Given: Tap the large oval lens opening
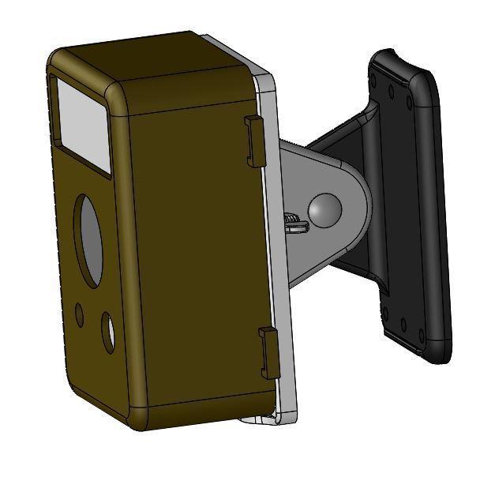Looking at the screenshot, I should click(89, 238).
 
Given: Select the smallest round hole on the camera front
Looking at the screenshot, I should click(79, 314).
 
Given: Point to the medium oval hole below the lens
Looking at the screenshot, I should click(107, 332).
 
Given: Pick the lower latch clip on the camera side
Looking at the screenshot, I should click(269, 352).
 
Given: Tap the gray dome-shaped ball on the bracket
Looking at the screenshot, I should click(324, 208).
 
